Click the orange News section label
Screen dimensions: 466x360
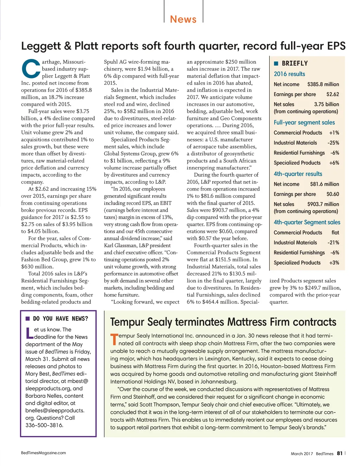tap(183, 19)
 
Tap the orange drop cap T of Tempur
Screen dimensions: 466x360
tap(114, 339)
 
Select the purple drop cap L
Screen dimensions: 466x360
tap(29, 333)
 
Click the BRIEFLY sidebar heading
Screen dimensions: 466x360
tap(295, 63)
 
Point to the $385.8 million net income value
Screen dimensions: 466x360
tap(323, 84)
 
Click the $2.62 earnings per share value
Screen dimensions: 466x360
tap(333, 94)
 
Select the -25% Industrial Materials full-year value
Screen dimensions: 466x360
tap(333, 143)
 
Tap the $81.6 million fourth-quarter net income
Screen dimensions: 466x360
tap(324, 184)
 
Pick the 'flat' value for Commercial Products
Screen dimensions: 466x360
tap(335, 232)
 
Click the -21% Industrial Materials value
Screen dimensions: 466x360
tap(333, 243)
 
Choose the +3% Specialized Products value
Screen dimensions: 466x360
tap(334, 263)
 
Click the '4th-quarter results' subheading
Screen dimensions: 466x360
tap(298, 174)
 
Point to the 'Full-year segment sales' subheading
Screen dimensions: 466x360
tap(304, 122)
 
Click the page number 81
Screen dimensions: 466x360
tap(340, 453)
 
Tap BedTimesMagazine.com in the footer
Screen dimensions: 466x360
tap(43, 453)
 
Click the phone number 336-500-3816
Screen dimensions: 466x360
tap(44, 425)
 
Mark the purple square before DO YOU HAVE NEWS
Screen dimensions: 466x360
tap(27, 319)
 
